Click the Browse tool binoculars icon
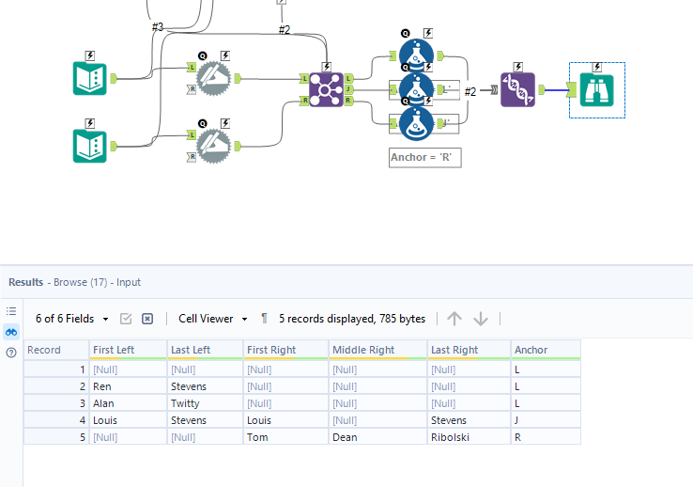[597, 90]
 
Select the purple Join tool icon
[326, 90]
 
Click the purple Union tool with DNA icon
[517, 90]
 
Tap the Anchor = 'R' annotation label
[425, 158]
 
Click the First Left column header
[114, 350]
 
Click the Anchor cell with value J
[517, 420]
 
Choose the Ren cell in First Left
[103, 386]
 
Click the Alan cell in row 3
[104, 403]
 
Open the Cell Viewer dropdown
[213, 319]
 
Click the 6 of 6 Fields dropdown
[71, 319]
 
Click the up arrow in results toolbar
[454, 319]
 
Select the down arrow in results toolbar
[481, 319]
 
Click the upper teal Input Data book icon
[90, 78]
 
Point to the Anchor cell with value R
[517, 437]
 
